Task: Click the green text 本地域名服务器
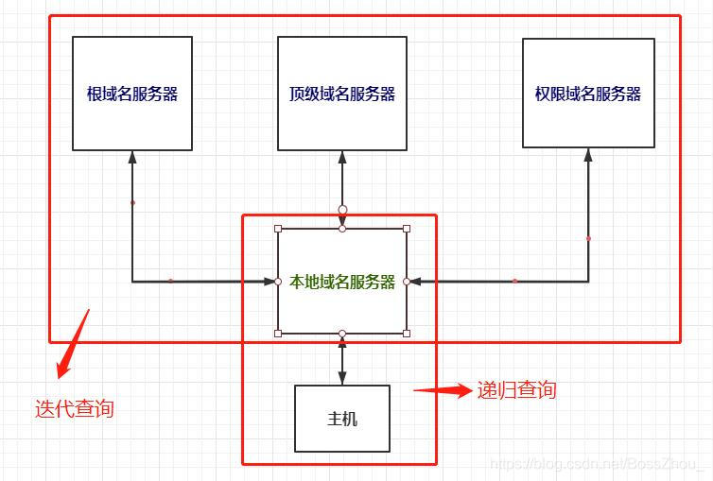(x=342, y=282)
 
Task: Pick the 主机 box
(x=342, y=419)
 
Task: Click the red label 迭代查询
(x=75, y=408)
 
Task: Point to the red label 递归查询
(x=516, y=389)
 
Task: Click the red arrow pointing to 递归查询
(x=443, y=389)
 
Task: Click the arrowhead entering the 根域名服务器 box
(x=132, y=156)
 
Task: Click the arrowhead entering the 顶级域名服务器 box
(x=342, y=156)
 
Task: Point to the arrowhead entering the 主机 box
(x=342, y=379)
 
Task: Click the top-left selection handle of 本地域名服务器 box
(x=278, y=229)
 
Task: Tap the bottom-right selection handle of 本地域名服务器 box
(x=407, y=333)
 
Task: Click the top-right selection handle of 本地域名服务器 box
(x=407, y=229)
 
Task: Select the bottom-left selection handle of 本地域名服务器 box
(x=278, y=333)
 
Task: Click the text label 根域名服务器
(x=132, y=94)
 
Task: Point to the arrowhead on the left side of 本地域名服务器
(x=269, y=281)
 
